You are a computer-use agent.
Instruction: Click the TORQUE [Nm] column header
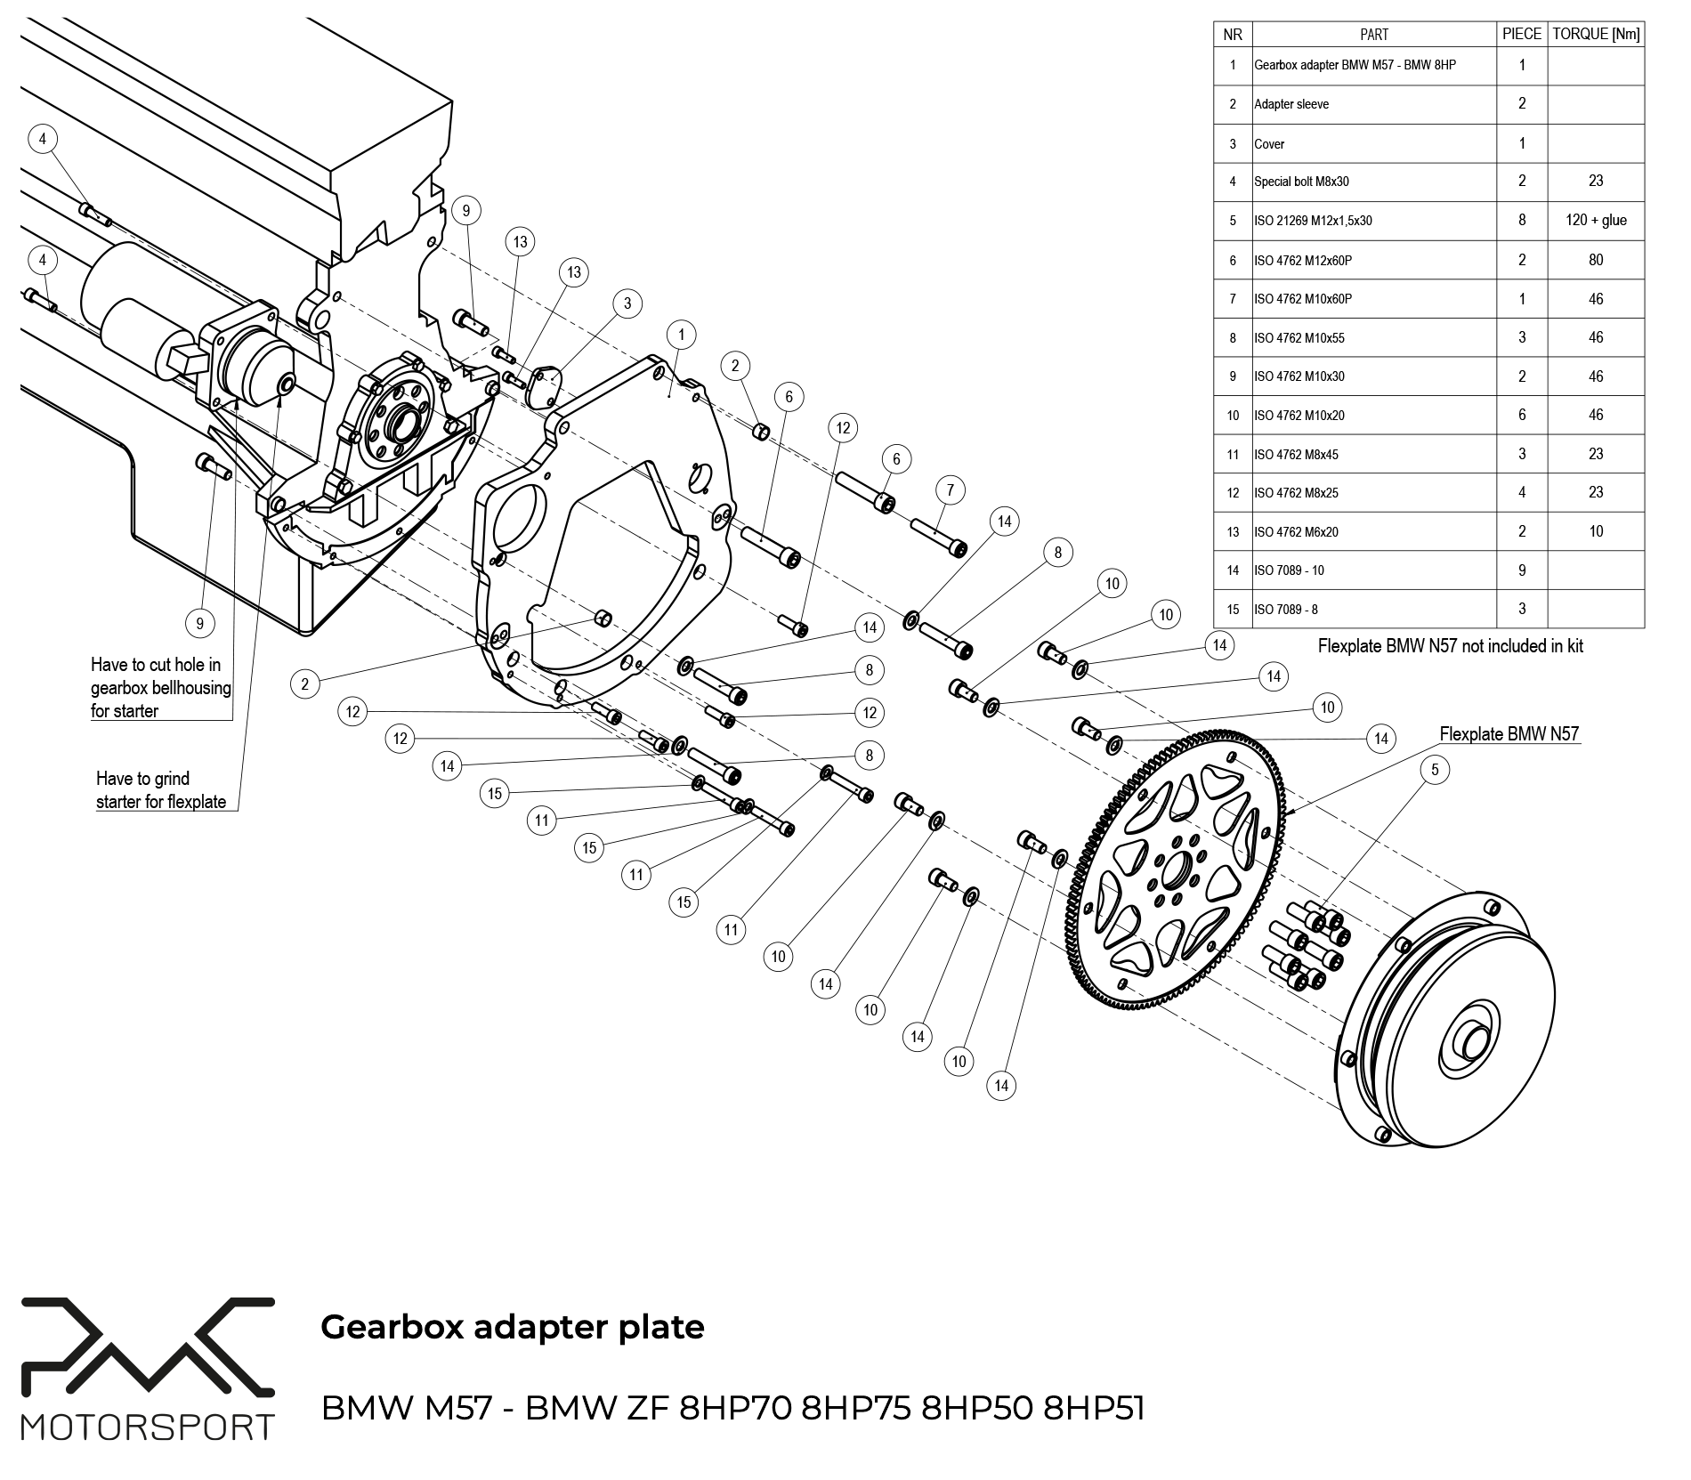[x=1596, y=34]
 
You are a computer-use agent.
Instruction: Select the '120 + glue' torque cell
[x=1596, y=220]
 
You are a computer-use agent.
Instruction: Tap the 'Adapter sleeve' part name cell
[x=1291, y=104]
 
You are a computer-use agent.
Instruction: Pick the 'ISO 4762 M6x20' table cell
[x=1296, y=532]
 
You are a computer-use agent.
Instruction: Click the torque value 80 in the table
[x=1596, y=260]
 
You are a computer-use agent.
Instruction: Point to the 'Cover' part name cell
[x=1269, y=143]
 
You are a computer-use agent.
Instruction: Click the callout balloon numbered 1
[x=681, y=335]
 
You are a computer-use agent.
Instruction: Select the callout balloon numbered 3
[x=627, y=303]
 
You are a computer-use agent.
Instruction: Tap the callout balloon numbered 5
[x=1435, y=770]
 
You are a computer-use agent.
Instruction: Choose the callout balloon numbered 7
[x=951, y=489]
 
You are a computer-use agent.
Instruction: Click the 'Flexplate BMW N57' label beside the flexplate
[x=1509, y=734]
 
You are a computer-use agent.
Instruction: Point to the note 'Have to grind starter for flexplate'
[x=161, y=790]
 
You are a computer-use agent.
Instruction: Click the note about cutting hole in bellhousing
[x=160, y=688]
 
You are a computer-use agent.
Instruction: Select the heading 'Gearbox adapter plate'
[x=512, y=1327]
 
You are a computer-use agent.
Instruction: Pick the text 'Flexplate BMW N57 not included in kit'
[x=1450, y=646]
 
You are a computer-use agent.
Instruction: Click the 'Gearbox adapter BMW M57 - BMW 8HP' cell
[x=1355, y=65]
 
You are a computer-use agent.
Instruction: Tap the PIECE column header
[x=1522, y=34]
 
